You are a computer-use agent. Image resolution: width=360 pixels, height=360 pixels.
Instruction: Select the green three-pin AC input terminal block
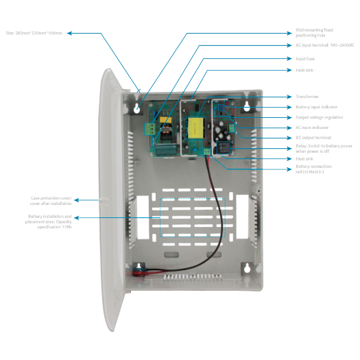tap(150, 128)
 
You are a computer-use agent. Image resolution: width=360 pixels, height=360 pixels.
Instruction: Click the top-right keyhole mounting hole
tap(245, 106)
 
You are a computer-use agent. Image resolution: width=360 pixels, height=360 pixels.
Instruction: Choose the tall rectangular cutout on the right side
tap(243, 214)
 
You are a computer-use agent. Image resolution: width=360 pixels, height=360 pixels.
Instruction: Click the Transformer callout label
tap(307, 97)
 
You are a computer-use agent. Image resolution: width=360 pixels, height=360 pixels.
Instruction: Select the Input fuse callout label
tap(305, 59)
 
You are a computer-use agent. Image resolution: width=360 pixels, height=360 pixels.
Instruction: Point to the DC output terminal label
tap(313, 137)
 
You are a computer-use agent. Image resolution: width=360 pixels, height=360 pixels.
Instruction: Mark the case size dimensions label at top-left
tap(34, 32)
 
